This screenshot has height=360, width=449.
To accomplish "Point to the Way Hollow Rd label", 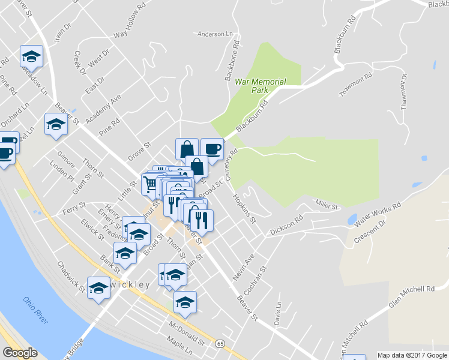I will (x=129, y=23).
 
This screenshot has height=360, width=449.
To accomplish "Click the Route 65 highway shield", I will (x=221, y=344).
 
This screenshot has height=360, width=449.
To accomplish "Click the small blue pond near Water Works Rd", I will (x=352, y=218).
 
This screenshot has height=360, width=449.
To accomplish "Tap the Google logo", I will (x=20, y=353).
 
